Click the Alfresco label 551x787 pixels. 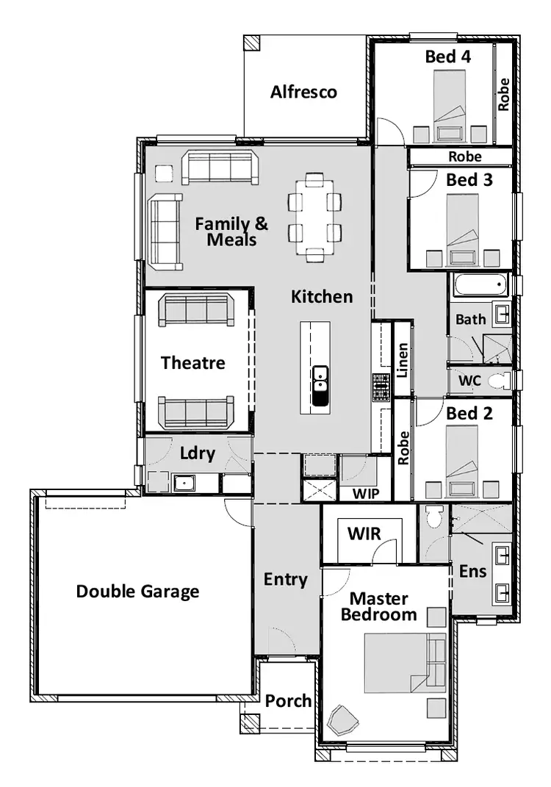[303, 92]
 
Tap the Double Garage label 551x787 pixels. [137, 591]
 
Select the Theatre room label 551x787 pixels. [193, 362]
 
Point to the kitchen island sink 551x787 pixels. [320, 386]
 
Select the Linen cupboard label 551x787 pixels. [403, 361]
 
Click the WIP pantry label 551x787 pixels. [364, 494]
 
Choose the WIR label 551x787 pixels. [364, 533]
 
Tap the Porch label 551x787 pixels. [288, 701]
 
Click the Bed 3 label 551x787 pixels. [469, 179]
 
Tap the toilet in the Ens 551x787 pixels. [434, 517]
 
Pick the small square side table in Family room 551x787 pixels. [163, 172]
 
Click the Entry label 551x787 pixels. [286, 579]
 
